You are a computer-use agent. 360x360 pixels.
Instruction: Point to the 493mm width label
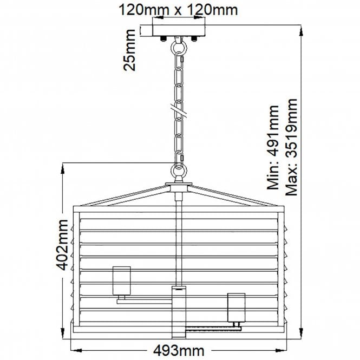click(x=178, y=350)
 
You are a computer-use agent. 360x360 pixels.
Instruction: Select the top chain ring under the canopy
click(x=178, y=48)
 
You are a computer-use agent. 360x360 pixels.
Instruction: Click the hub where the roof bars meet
click(x=179, y=189)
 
